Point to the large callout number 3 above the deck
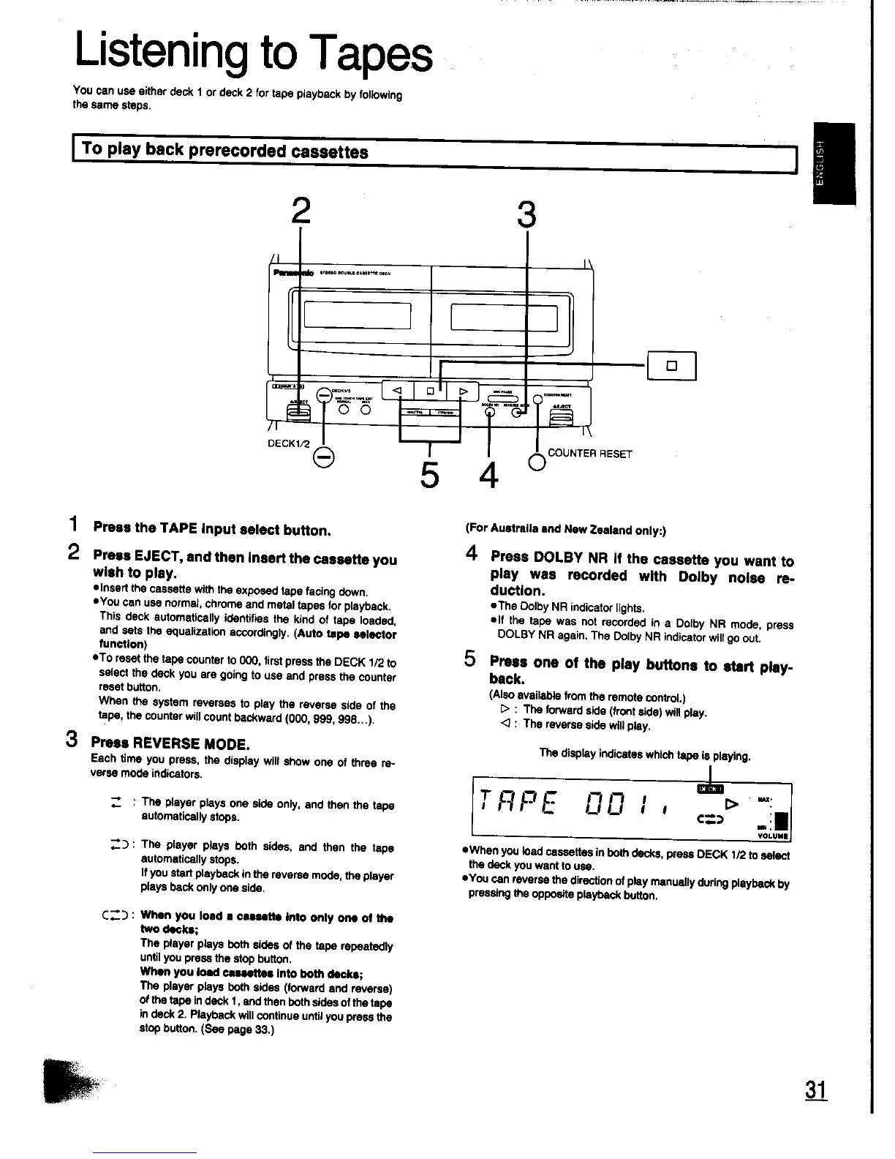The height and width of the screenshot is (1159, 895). [526, 215]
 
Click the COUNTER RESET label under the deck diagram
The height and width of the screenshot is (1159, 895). [589, 454]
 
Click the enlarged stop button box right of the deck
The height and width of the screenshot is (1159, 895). [671, 366]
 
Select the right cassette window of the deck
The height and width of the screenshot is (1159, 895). [505, 316]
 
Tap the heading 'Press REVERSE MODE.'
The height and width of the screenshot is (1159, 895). [171, 744]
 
